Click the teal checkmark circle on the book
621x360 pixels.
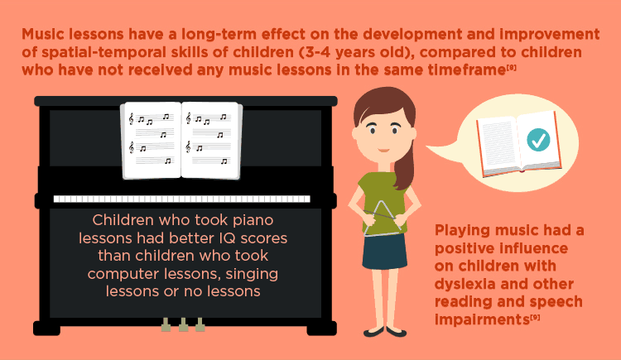coord(538,140)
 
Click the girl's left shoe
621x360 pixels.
coord(373,332)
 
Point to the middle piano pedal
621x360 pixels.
coord(183,324)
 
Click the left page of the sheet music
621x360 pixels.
coord(152,141)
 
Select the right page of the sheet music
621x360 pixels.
coord(211,141)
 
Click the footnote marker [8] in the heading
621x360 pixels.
coord(511,68)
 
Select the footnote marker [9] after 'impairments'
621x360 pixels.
coord(535,317)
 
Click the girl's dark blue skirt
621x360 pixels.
coord(384,252)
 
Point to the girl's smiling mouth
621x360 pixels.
coord(383,150)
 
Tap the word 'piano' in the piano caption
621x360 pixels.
coord(253,221)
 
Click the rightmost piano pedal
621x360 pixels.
coord(200,324)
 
